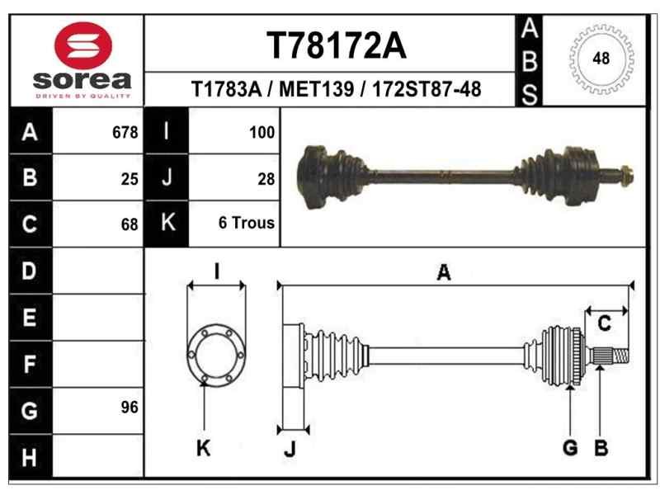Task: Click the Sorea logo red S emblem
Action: (82, 45)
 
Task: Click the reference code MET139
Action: (318, 88)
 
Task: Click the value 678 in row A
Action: (125, 133)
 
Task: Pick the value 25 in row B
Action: (129, 178)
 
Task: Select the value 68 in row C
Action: (129, 224)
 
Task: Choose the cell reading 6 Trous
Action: (247, 223)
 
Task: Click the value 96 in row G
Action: (129, 407)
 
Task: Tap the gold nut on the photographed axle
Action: (626, 174)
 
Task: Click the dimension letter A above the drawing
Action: (443, 273)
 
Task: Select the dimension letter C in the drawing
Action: (604, 324)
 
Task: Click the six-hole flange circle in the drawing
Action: (216, 355)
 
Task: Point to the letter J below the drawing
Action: (290, 450)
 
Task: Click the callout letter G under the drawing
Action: (569, 448)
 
